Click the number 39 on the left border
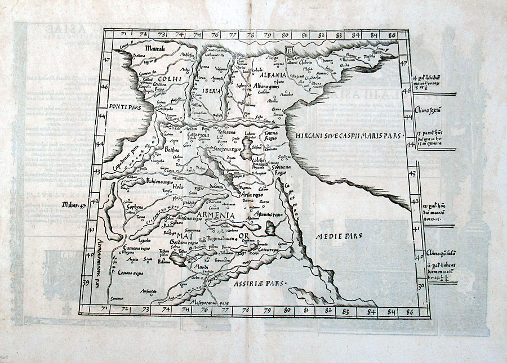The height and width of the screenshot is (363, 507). tap(86, 283)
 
